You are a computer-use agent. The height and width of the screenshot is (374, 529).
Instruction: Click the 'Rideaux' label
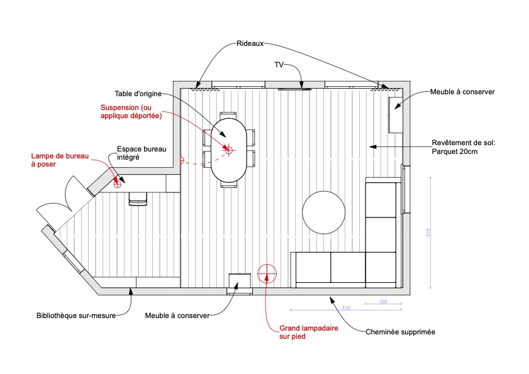pyautogui.click(x=250, y=43)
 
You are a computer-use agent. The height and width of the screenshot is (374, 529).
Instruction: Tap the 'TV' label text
pyautogui.click(x=279, y=64)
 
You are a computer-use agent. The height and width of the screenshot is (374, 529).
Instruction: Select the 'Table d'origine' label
pyautogui.click(x=138, y=94)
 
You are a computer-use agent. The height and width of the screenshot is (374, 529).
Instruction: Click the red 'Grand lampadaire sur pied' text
pyautogui.click(x=309, y=332)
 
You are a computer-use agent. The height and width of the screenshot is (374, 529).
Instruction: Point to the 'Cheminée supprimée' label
pyautogui.click(x=401, y=332)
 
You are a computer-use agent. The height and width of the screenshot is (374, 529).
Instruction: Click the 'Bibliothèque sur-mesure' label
pyautogui.click(x=76, y=316)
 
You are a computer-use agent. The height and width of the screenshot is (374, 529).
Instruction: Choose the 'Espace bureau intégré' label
pyautogui.click(x=142, y=153)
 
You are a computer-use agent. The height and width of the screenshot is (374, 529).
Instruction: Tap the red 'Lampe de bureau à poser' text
pyautogui.click(x=60, y=160)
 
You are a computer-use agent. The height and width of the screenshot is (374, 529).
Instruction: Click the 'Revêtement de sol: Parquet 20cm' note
pyautogui.click(x=464, y=147)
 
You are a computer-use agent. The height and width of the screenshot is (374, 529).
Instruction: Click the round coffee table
pyautogui.click(x=323, y=212)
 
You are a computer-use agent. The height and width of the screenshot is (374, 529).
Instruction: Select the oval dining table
pyautogui.click(x=229, y=150)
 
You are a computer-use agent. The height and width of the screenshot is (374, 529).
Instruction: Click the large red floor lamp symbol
pyautogui.click(x=267, y=273)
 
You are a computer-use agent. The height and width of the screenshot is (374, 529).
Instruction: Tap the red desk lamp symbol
pyautogui.click(x=118, y=184)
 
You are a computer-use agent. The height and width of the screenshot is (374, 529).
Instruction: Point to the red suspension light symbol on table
pyautogui.click(x=229, y=150)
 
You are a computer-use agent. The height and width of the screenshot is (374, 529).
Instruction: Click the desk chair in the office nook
pyautogui.click(x=138, y=199)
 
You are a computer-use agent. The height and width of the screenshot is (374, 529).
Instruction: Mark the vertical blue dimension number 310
pyautogui.click(x=428, y=233)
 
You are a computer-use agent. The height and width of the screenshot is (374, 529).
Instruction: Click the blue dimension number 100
pyautogui.click(x=383, y=302)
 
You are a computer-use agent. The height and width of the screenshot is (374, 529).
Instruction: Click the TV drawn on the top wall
pyautogui.click(x=294, y=89)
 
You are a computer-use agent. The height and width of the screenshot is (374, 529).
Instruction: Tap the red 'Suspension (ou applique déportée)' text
pyautogui.click(x=131, y=112)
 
